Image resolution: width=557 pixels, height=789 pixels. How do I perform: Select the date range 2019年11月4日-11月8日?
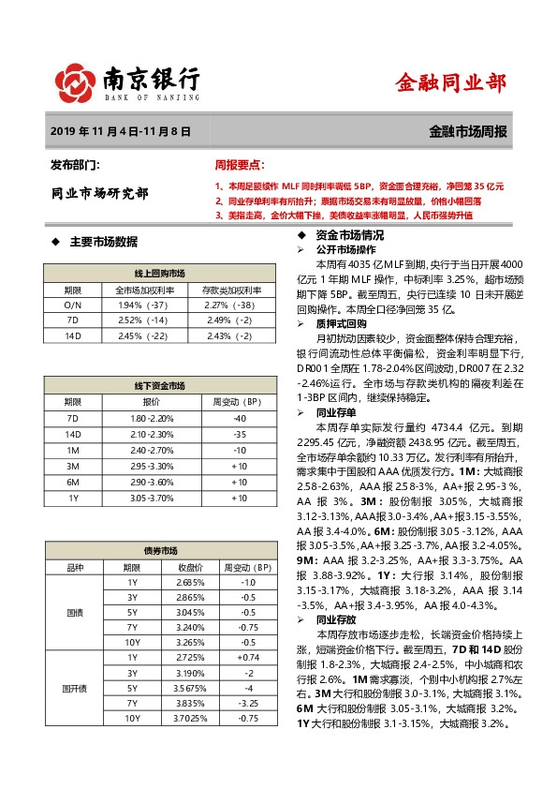(x=121, y=133)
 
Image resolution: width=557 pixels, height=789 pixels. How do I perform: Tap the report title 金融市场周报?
(x=468, y=133)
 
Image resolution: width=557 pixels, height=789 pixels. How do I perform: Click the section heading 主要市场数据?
(x=104, y=241)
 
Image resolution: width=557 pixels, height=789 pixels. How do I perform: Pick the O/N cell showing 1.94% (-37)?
(x=142, y=305)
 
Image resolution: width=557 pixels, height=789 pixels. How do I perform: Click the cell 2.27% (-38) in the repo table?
(x=229, y=305)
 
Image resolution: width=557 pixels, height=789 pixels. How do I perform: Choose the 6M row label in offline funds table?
(x=73, y=481)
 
